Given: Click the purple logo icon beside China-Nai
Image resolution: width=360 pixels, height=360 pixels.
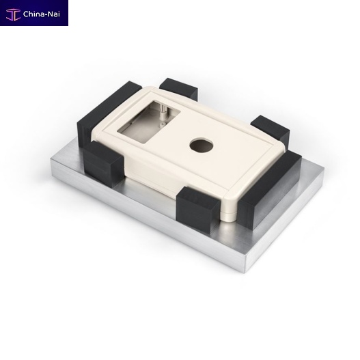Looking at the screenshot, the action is click(x=13, y=14).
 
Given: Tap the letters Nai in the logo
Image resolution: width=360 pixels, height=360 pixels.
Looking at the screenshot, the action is click(x=54, y=14).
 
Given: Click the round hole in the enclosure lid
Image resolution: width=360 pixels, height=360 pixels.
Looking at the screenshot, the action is click(x=202, y=146).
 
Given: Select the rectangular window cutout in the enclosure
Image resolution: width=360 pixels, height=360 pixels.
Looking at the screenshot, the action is click(x=149, y=122).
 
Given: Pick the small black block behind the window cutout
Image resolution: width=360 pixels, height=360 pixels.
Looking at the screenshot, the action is click(x=178, y=88).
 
